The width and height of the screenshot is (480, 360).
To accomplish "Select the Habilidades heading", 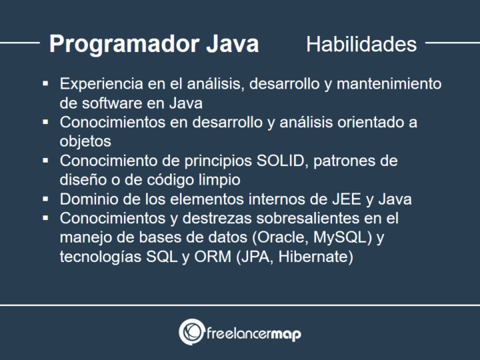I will click(361, 44).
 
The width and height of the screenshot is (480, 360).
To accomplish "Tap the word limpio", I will click(217, 180).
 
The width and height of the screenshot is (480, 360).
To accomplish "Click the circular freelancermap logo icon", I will click(191, 331).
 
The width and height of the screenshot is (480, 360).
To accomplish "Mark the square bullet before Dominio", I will click(45, 199).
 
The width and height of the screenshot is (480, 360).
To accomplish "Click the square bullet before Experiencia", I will click(45, 84).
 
